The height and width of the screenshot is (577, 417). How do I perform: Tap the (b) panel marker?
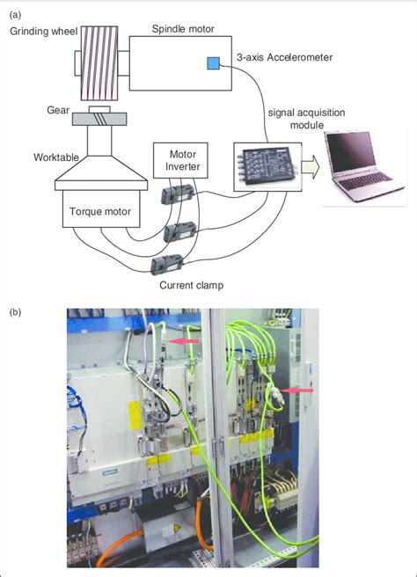point(16,311)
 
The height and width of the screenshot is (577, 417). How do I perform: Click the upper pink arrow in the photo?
point(185,341)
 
